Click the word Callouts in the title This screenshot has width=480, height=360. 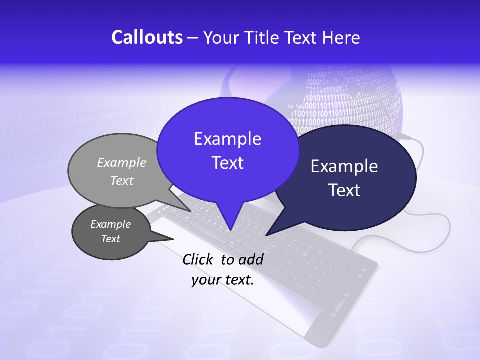click(x=147, y=37)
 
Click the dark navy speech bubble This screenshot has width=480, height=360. click(x=350, y=210)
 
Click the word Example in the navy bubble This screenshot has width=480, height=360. click(x=344, y=166)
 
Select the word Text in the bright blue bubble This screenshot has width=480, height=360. click(x=227, y=163)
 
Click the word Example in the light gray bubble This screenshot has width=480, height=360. click(x=122, y=162)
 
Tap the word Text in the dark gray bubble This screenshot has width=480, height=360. click(x=111, y=239)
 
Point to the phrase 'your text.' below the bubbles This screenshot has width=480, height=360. click(x=223, y=280)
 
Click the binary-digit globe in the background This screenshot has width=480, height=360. click(x=350, y=95)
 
